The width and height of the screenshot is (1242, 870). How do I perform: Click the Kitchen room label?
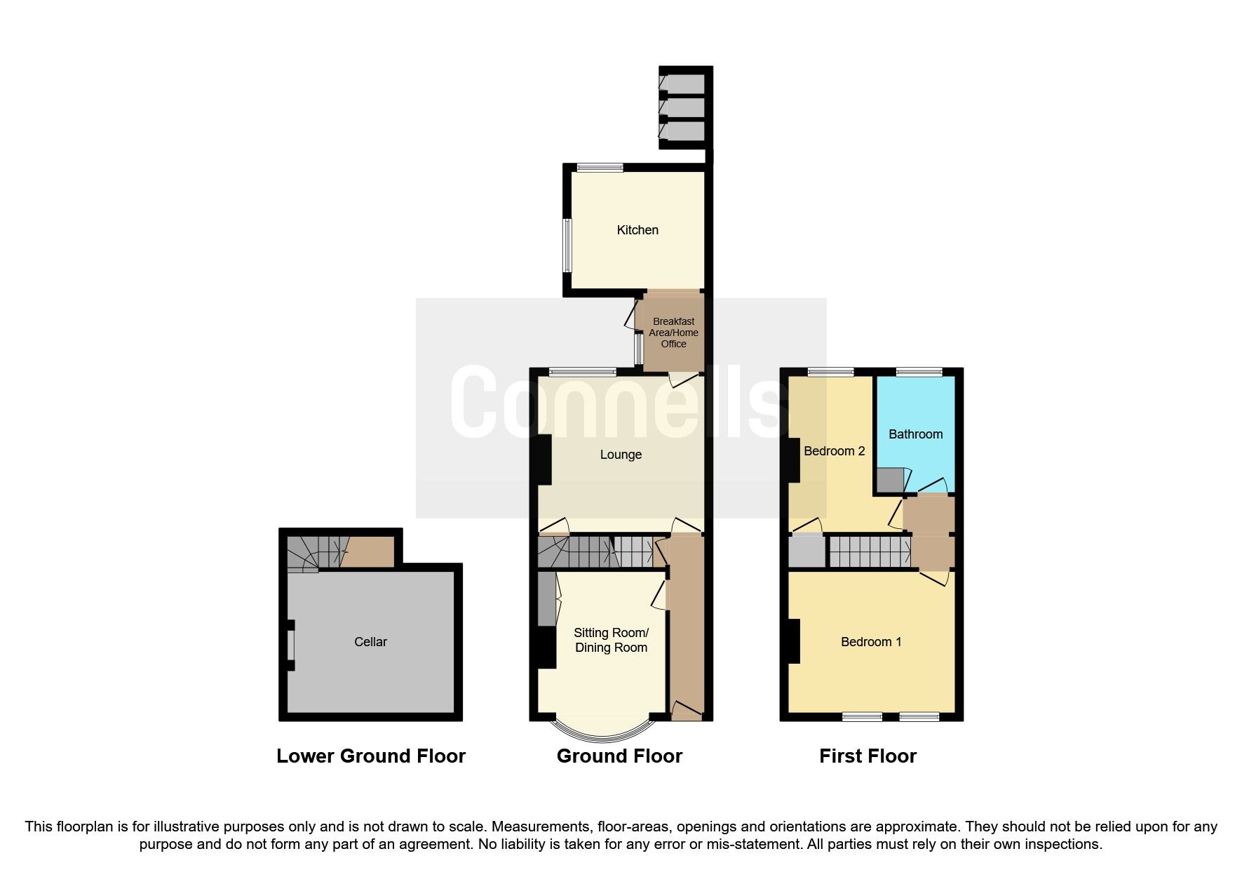pyautogui.click(x=637, y=230)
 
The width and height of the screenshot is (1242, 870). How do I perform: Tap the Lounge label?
pyautogui.click(x=621, y=455)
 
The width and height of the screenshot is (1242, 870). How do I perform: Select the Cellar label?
pyautogui.click(x=370, y=642)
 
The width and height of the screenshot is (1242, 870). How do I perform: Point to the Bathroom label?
pyautogui.click(x=915, y=434)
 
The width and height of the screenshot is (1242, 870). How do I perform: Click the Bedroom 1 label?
pyautogui.click(x=871, y=642)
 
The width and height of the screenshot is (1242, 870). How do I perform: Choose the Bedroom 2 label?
pyautogui.click(x=834, y=451)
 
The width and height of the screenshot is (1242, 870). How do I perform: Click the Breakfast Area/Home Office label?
pyautogui.click(x=674, y=333)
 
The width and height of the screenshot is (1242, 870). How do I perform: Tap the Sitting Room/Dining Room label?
pyautogui.click(x=611, y=640)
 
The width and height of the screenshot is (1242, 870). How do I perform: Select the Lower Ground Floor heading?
pyautogui.click(x=370, y=756)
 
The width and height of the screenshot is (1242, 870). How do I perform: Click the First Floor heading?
pyautogui.click(x=868, y=756)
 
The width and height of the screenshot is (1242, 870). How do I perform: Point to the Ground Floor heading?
pyautogui.click(x=619, y=756)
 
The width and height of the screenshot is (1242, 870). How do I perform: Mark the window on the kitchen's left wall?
pyautogui.click(x=567, y=245)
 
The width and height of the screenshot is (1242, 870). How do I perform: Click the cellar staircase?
pyautogui.click(x=312, y=553)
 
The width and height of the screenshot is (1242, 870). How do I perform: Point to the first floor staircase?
pyautogui.click(x=870, y=551)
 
